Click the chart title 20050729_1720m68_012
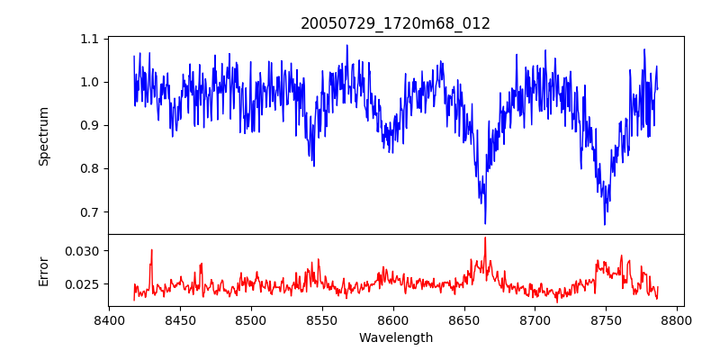395,23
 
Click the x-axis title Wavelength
395,337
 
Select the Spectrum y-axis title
43,136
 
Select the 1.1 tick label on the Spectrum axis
89,40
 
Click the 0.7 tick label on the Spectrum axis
89,212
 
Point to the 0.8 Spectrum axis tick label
89,169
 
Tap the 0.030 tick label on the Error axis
82,250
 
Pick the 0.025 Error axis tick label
82,284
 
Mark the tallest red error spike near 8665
485,238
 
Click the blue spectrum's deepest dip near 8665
485,223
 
